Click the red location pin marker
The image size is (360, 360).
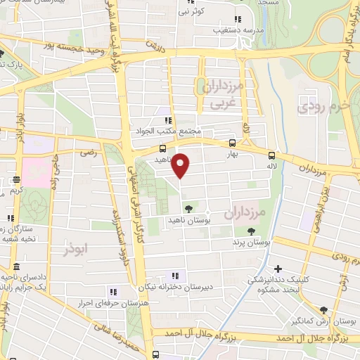181,165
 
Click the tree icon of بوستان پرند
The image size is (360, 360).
251,231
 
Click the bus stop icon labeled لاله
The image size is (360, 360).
272,157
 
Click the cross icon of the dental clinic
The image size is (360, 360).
278,269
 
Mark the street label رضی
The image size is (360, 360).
88,152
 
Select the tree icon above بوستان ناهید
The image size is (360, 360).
188,207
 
